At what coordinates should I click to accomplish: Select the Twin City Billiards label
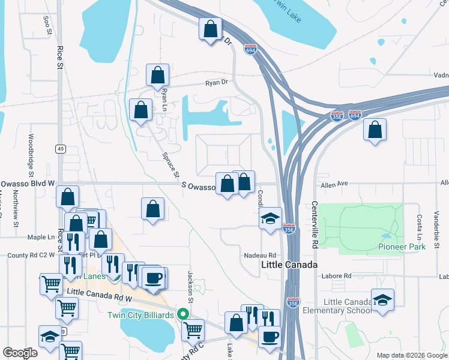click(x=140, y=315)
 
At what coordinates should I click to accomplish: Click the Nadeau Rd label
click(x=259, y=255)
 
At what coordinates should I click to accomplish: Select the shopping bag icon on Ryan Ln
click(x=157, y=76)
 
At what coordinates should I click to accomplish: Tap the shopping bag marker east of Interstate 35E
click(x=375, y=130)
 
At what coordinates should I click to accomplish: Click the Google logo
click(x=20, y=353)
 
